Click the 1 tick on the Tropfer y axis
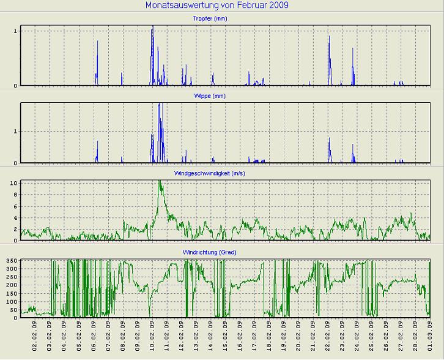[x=16, y=31]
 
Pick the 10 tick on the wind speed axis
[x=14, y=183]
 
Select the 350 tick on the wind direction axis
[x=11, y=261]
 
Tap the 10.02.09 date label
[x=152, y=336]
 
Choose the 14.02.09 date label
[x=211, y=336]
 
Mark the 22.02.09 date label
[x=328, y=336]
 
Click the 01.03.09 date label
[x=430, y=336]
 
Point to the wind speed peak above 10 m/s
[x=160, y=182]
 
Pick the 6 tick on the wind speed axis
[x=16, y=206]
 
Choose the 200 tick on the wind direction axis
[x=11, y=285]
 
